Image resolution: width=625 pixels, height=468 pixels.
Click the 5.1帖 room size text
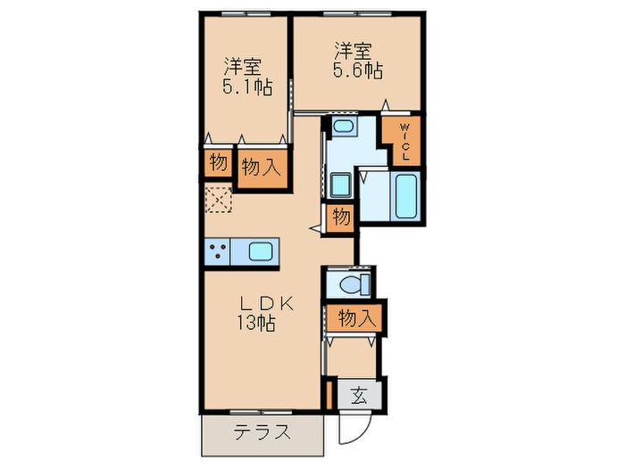tap(247, 87)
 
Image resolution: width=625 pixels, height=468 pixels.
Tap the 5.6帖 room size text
tap(359, 69)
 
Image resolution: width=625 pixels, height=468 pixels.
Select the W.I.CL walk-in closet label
tap(404, 140)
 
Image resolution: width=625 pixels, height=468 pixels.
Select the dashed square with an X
tap(217, 201)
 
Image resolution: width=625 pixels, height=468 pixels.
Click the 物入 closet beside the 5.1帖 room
tap(262, 166)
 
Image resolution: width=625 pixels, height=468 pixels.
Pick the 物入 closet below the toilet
tap(356, 317)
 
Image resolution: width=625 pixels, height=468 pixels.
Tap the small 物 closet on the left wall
tap(217, 162)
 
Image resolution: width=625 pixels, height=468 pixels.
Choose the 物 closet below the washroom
tap(340, 217)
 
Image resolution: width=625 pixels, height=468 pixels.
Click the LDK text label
tap(256, 301)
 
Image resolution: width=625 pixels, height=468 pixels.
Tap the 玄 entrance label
tap(358, 393)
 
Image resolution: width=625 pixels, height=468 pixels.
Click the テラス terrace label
tap(261, 433)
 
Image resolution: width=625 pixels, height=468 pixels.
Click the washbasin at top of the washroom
tap(342, 127)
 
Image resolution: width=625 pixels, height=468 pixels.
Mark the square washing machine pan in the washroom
tap(340, 185)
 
